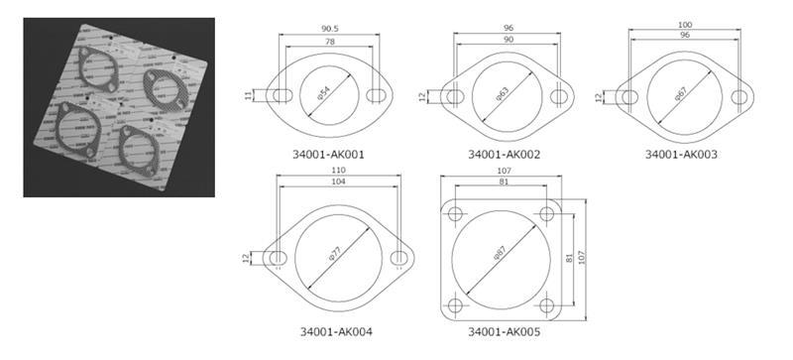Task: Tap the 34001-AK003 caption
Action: (x=681, y=155)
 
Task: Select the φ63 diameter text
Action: (x=505, y=96)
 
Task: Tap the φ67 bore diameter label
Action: (x=682, y=96)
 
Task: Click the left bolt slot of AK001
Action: (x=281, y=95)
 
